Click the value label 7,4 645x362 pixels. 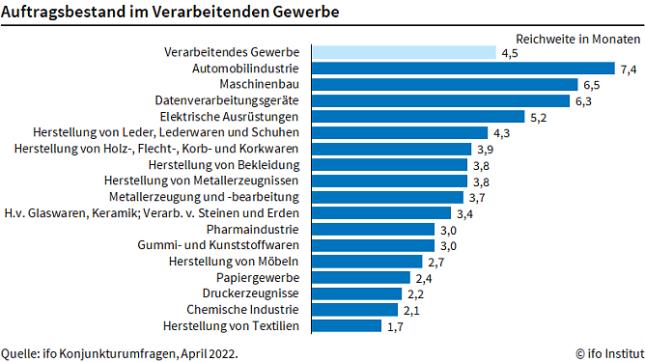click(629, 69)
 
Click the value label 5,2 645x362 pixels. click(539, 117)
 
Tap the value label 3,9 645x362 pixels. click(486, 149)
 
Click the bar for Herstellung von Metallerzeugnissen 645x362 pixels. click(389, 181)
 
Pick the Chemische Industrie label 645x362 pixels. click(242, 310)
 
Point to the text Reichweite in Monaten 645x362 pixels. click(570, 39)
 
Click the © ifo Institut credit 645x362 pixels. click(605, 353)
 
